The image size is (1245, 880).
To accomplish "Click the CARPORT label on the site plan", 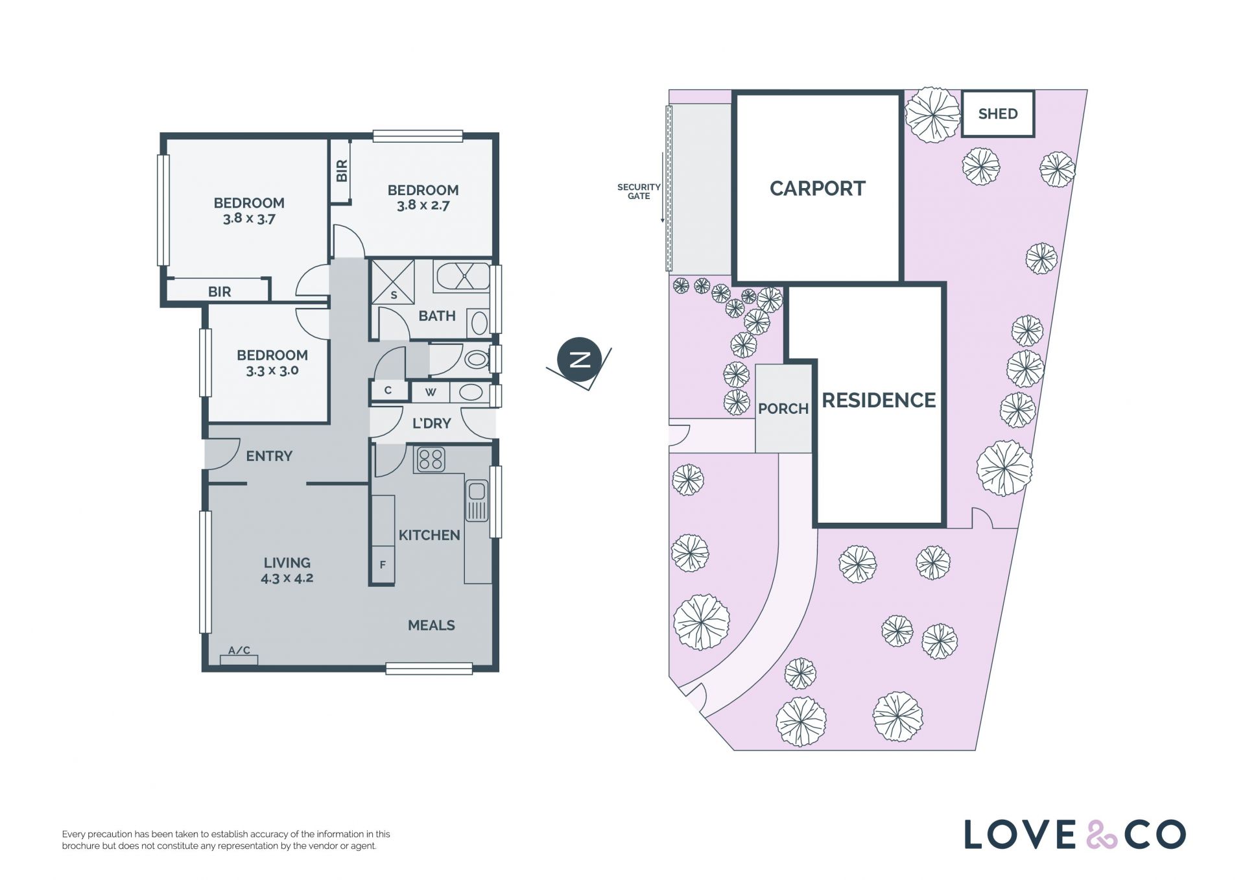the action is click(x=817, y=189).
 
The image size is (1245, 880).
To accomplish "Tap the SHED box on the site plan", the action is click(x=997, y=113).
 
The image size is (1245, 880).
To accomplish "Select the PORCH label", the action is click(x=783, y=409).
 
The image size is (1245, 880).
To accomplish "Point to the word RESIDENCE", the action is click(x=879, y=400).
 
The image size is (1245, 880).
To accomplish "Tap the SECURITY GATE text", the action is click(x=639, y=191).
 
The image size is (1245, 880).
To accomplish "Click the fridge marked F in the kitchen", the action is click(x=383, y=565).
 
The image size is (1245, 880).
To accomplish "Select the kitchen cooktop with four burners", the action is click(x=430, y=459).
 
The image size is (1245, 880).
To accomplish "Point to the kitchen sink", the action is click(x=477, y=501).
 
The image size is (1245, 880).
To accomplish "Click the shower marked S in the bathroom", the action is click(x=393, y=281).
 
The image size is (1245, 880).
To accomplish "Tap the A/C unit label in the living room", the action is click(x=239, y=650).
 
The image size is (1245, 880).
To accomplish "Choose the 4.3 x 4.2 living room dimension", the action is click(x=287, y=578).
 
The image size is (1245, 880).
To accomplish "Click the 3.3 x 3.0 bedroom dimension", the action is click(x=272, y=371).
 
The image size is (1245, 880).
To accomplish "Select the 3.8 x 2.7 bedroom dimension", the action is click(x=423, y=206).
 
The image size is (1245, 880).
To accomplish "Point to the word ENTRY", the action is click(x=269, y=457).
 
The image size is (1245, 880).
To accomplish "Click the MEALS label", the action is click(x=431, y=626).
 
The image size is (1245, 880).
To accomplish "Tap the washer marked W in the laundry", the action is click(x=430, y=392).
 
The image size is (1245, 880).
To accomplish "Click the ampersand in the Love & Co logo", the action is click(x=1102, y=835).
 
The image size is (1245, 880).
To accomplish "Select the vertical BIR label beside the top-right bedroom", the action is click(x=342, y=171).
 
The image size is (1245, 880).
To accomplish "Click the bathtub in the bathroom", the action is click(x=463, y=276).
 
